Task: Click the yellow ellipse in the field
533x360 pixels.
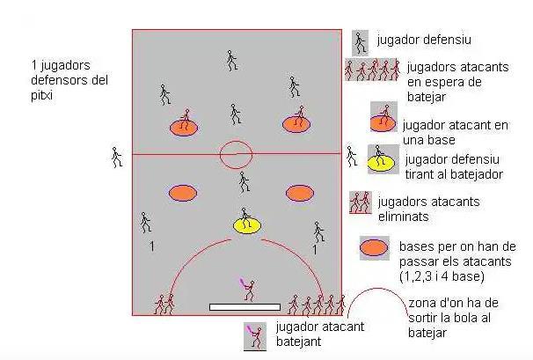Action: [x=247, y=225]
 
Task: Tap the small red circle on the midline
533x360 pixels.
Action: [x=236, y=155]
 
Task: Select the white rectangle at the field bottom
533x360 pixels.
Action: [x=245, y=307]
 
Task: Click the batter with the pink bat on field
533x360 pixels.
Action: [x=248, y=289]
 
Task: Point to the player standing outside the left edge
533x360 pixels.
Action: [x=116, y=157]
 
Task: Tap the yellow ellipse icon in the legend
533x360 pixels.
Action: [x=380, y=161]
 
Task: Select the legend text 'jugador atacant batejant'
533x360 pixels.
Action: [x=318, y=333]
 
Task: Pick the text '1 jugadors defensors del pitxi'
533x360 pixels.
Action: [x=66, y=79]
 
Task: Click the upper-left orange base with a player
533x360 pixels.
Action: [x=184, y=126]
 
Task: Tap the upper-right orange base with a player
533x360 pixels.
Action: [x=297, y=123]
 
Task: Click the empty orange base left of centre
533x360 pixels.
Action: [x=182, y=192]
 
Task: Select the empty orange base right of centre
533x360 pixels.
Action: [x=299, y=192]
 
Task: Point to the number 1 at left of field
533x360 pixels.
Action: [x=151, y=247]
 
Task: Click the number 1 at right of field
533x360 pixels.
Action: [x=315, y=250]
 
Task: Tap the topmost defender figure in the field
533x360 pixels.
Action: [x=231, y=59]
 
